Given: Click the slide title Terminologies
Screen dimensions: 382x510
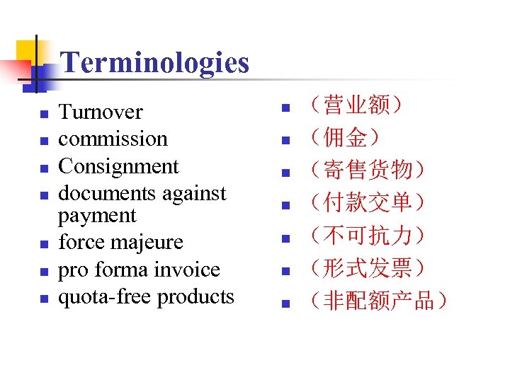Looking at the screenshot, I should [x=155, y=63].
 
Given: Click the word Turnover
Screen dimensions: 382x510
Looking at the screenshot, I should [x=100, y=112].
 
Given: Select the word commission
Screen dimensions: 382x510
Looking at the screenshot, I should [x=113, y=139].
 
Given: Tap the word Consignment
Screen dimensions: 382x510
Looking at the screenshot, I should [x=118, y=166].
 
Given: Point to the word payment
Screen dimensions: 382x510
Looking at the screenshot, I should [x=96, y=215].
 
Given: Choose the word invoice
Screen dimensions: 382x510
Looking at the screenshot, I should [x=187, y=270].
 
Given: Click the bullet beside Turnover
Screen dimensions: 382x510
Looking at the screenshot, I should [x=44, y=113].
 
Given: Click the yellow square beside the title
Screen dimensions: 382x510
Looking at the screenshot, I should [x=27, y=50].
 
